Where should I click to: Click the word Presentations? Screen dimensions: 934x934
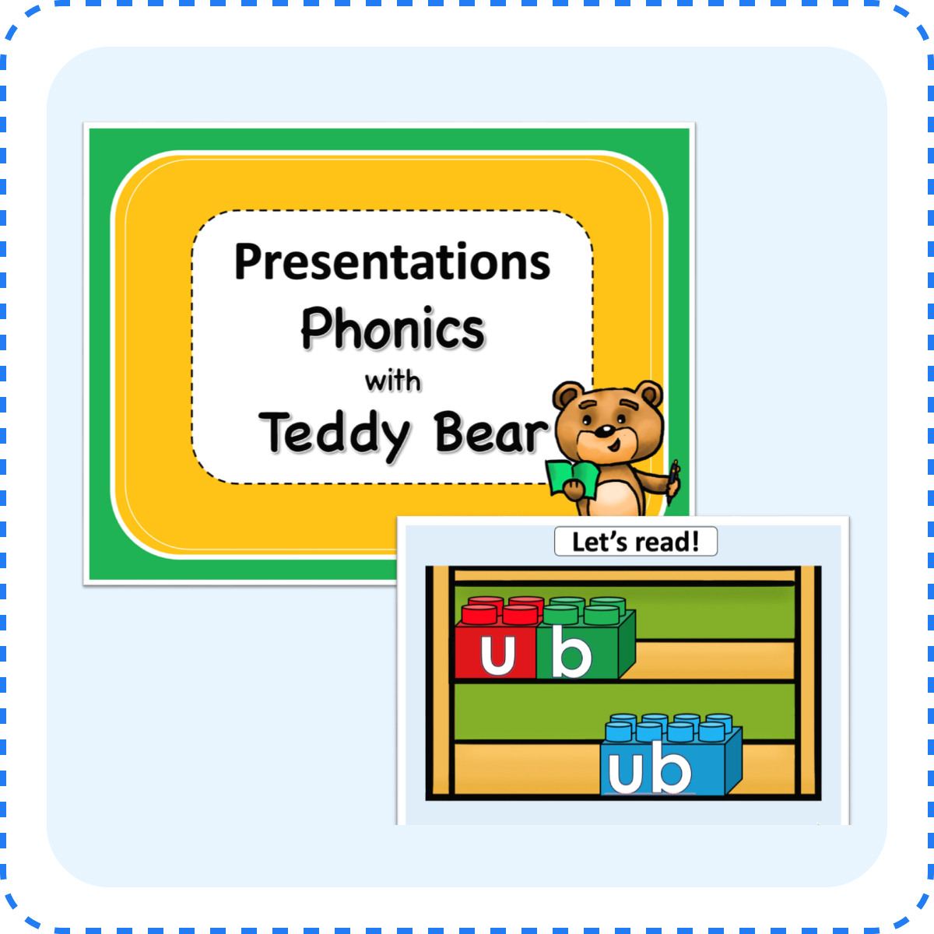point(392,263)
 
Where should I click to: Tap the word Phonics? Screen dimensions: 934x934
point(392,328)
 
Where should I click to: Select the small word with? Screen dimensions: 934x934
point(393,381)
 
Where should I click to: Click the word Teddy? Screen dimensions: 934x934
point(335,433)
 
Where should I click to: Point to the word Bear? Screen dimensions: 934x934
point(490,433)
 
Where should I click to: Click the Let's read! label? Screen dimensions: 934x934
point(635,542)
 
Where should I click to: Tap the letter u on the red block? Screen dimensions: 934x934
point(497,655)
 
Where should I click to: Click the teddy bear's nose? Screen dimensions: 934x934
point(604,430)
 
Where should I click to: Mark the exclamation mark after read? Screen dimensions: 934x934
point(695,542)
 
